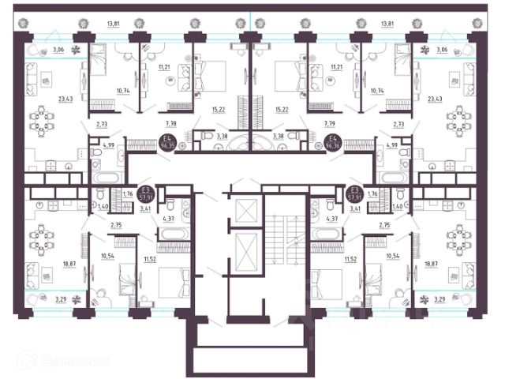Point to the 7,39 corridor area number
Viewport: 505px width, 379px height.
point(330,123)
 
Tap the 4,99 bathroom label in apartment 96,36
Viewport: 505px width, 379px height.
point(391,145)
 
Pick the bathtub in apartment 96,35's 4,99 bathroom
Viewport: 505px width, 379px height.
point(105,176)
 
